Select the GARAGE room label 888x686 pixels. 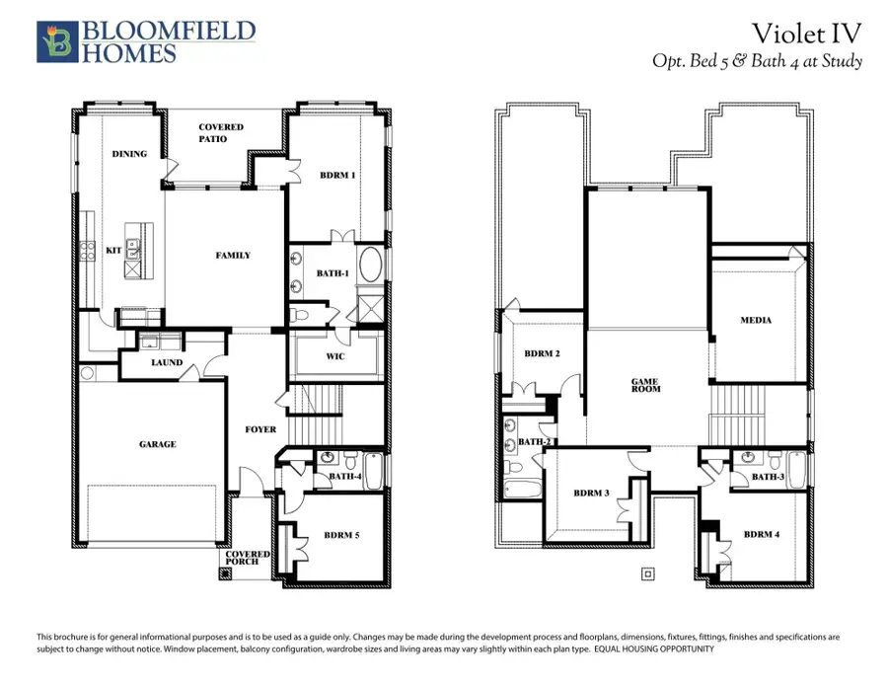click(x=157, y=444)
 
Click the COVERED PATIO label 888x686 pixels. click(x=221, y=133)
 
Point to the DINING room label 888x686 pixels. click(x=129, y=154)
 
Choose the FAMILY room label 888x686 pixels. click(x=233, y=256)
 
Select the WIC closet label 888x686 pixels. click(x=334, y=356)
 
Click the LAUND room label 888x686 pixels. click(x=166, y=362)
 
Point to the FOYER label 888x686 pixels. click(x=260, y=430)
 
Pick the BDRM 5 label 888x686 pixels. click(x=342, y=536)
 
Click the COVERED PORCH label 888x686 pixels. click(x=248, y=559)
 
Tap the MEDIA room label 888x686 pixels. click(x=756, y=320)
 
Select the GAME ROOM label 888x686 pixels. click(x=646, y=385)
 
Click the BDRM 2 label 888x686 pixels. click(x=542, y=353)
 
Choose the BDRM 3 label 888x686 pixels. click(x=593, y=494)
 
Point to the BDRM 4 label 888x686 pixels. click(x=762, y=534)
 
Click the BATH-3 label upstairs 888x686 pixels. click(x=767, y=477)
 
